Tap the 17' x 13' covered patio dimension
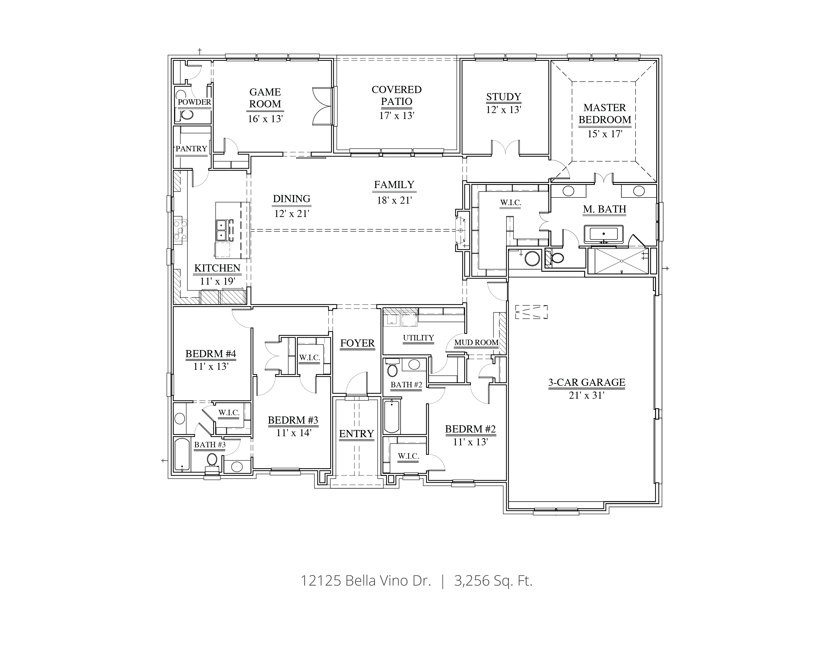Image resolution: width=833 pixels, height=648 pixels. click(396, 116)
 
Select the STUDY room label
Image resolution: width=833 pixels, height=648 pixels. click(504, 97)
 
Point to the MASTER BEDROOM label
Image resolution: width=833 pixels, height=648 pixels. click(604, 114)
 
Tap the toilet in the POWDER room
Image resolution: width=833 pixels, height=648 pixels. click(187, 115)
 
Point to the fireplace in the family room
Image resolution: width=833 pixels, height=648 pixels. click(461, 230)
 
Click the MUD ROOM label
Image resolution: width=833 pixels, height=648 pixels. click(476, 342)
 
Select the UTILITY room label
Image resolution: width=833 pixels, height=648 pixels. click(418, 338)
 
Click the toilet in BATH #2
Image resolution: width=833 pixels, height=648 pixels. click(392, 369)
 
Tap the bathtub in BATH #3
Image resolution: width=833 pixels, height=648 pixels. click(182, 455)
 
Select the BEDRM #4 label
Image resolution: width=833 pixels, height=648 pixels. click(211, 353)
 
